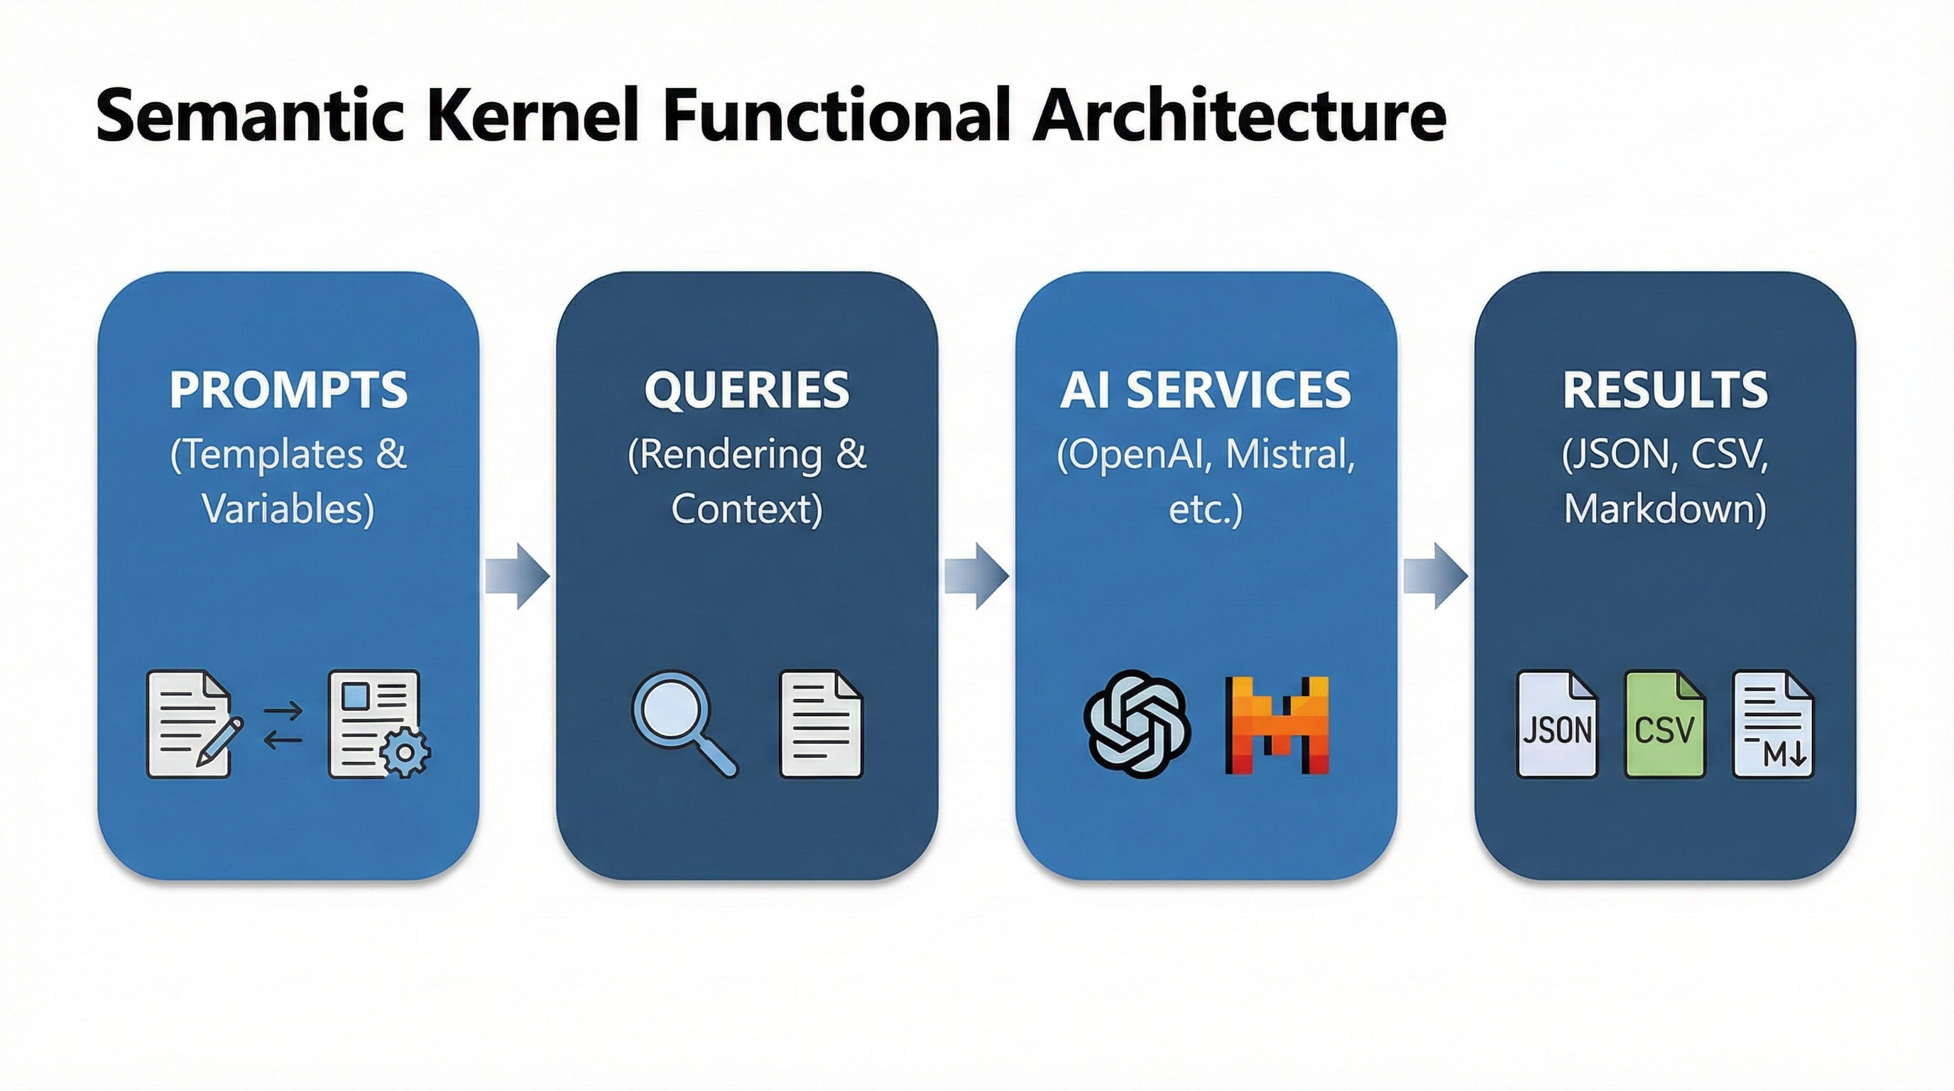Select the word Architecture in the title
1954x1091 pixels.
tap(1239, 115)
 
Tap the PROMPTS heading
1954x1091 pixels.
tap(288, 390)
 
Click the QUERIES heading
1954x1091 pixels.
tap(746, 390)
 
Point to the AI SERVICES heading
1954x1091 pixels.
tap(1206, 390)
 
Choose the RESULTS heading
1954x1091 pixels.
tap(1665, 390)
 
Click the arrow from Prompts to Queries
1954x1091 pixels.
tap(518, 576)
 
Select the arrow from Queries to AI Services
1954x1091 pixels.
tap(977, 576)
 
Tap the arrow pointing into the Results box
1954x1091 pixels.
tap(1436, 576)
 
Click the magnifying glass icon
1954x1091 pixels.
tap(681, 721)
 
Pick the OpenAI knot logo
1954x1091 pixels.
tap(1135, 724)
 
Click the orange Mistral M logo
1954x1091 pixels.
tap(1277, 724)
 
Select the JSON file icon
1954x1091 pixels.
tap(1557, 724)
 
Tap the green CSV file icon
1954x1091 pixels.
tap(1664, 724)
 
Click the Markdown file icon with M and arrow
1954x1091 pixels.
tap(1774, 724)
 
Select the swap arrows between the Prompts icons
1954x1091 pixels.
tap(283, 725)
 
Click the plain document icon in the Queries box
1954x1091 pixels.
tap(822, 724)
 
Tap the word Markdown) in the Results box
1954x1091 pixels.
tap(1665, 509)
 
